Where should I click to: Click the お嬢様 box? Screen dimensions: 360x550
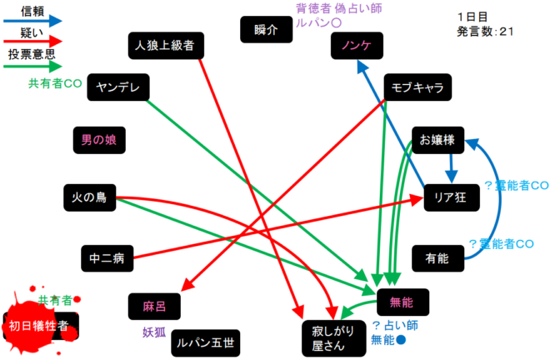point(437,140)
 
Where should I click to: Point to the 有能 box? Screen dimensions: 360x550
point(437,258)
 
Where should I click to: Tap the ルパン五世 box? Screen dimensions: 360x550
point(205,342)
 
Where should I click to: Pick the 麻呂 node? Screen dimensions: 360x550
point(155,306)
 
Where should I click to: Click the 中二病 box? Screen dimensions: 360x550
point(107,258)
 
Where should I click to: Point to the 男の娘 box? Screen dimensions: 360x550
point(99,140)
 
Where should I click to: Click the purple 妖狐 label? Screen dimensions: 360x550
point(155,332)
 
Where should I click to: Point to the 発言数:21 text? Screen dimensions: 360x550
point(486,32)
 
